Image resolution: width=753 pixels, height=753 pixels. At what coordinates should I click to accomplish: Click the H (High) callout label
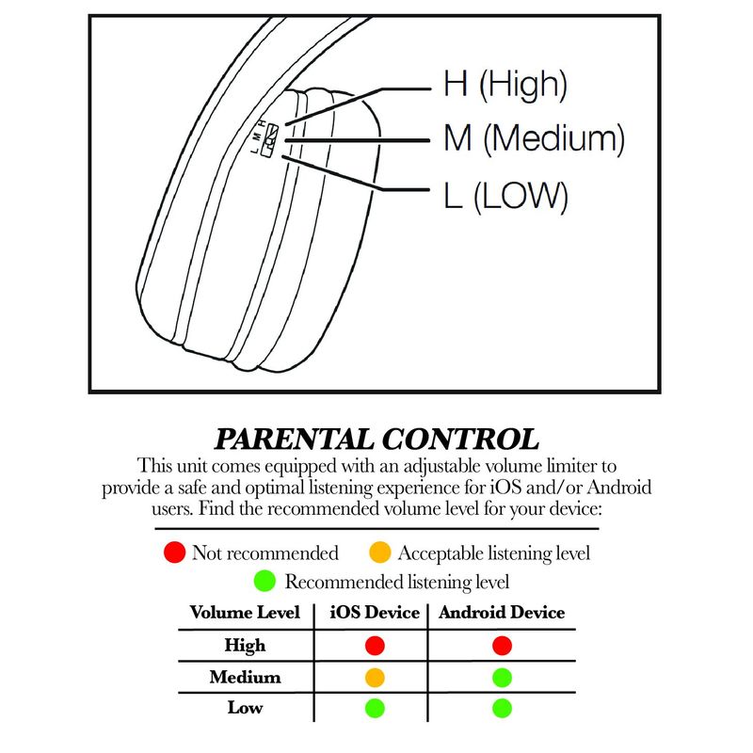pyautogui.click(x=505, y=85)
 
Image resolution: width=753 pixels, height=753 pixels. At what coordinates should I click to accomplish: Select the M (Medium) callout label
pyautogui.click(x=534, y=138)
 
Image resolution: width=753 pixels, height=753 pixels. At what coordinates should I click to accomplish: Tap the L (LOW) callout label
pyautogui.click(x=505, y=196)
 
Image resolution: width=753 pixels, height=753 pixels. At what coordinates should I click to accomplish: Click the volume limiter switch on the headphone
pyautogui.click(x=270, y=140)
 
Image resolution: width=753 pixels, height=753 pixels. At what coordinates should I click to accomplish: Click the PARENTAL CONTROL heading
pyautogui.click(x=376, y=439)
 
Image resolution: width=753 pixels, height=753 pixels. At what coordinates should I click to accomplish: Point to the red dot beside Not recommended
pyautogui.click(x=174, y=553)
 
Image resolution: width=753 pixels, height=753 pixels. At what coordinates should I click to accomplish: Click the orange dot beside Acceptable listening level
pyautogui.click(x=380, y=553)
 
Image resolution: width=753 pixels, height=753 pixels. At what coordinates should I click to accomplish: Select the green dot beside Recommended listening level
pyautogui.click(x=264, y=581)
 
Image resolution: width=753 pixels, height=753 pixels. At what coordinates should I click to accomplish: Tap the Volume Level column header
pyautogui.click(x=245, y=613)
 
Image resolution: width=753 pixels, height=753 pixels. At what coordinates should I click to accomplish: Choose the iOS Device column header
pyautogui.click(x=375, y=613)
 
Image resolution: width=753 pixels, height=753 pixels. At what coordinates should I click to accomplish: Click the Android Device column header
pyautogui.click(x=502, y=613)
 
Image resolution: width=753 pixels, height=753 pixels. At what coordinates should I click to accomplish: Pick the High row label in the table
pyautogui.click(x=245, y=646)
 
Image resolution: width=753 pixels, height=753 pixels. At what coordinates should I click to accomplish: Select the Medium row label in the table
pyautogui.click(x=245, y=677)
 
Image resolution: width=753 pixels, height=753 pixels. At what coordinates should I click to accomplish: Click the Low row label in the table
pyautogui.click(x=245, y=708)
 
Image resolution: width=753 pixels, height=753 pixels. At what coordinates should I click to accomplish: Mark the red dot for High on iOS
pyautogui.click(x=375, y=646)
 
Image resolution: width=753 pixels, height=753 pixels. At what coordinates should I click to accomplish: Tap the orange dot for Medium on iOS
pyautogui.click(x=375, y=678)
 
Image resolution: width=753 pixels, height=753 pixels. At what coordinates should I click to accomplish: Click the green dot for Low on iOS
pyautogui.click(x=375, y=709)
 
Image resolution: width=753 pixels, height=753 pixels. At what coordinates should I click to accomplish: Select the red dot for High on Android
pyautogui.click(x=502, y=646)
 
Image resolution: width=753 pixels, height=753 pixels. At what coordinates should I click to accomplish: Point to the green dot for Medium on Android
pyautogui.click(x=502, y=678)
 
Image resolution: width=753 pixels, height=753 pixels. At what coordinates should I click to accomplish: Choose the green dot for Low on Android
pyautogui.click(x=502, y=709)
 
